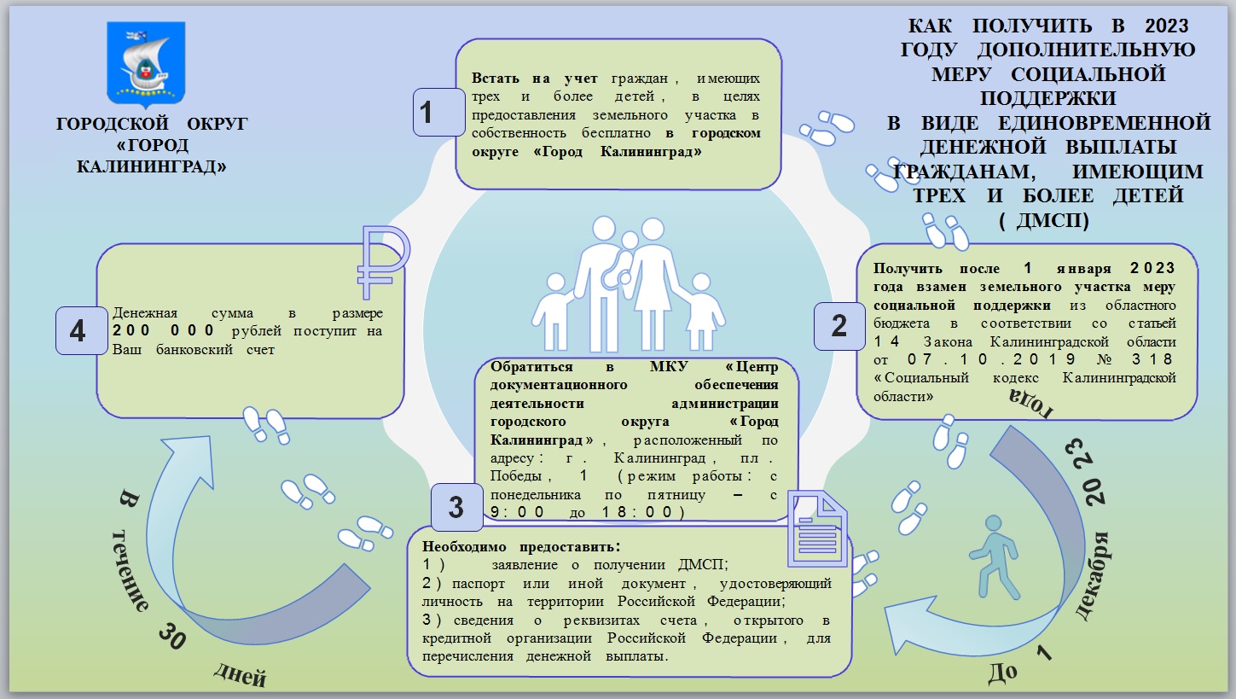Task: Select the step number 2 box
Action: [839, 325]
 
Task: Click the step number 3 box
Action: [456, 507]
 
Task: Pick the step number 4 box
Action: [78, 330]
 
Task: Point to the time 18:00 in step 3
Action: [648, 513]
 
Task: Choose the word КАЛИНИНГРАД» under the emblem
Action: [152, 167]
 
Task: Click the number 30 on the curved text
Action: [171, 636]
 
